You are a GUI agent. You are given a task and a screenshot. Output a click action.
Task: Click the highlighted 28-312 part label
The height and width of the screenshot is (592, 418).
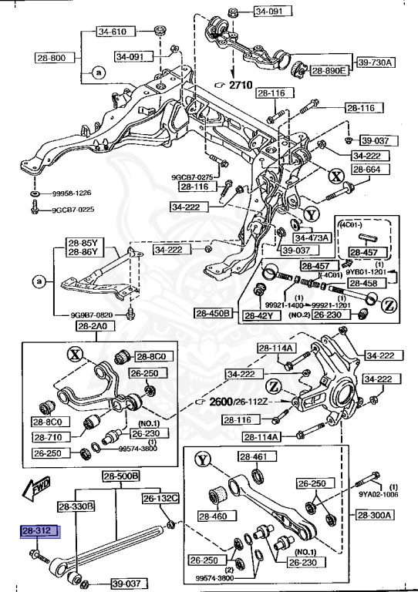40,532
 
